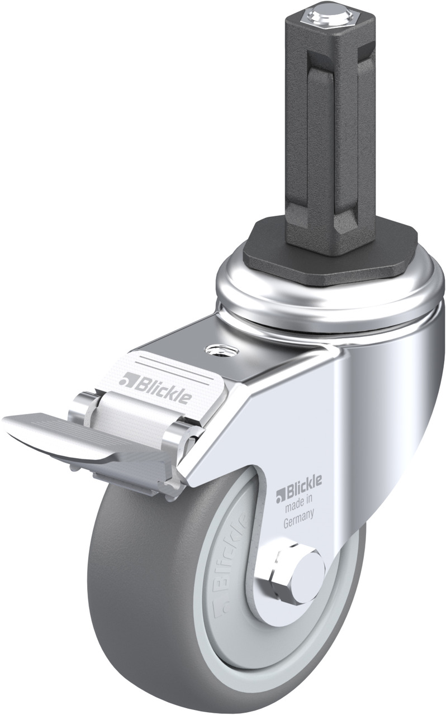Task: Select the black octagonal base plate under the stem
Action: point(329,252)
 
